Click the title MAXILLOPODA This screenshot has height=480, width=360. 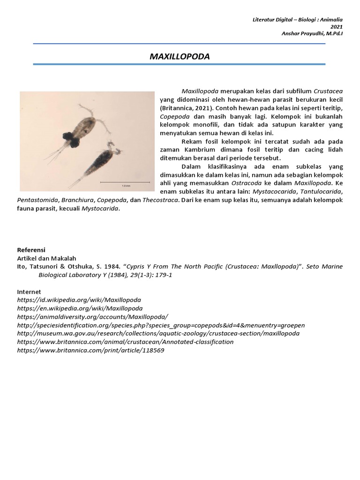(x=180, y=57)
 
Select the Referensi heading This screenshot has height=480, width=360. (x=31, y=249)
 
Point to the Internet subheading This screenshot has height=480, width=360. (x=29, y=292)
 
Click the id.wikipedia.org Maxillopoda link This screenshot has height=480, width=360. (x=79, y=300)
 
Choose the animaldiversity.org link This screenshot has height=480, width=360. (x=92, y=317)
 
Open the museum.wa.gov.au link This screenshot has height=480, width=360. (x=158, y=333)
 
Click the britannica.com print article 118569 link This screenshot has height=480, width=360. (x=90, y=350)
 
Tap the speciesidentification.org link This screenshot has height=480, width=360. (x=161, y=325)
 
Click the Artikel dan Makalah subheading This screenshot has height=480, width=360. (x=46, y=258)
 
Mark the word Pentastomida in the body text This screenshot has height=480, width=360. (x=36, y=200)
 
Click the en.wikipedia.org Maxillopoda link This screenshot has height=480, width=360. (x=80, y=308)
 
